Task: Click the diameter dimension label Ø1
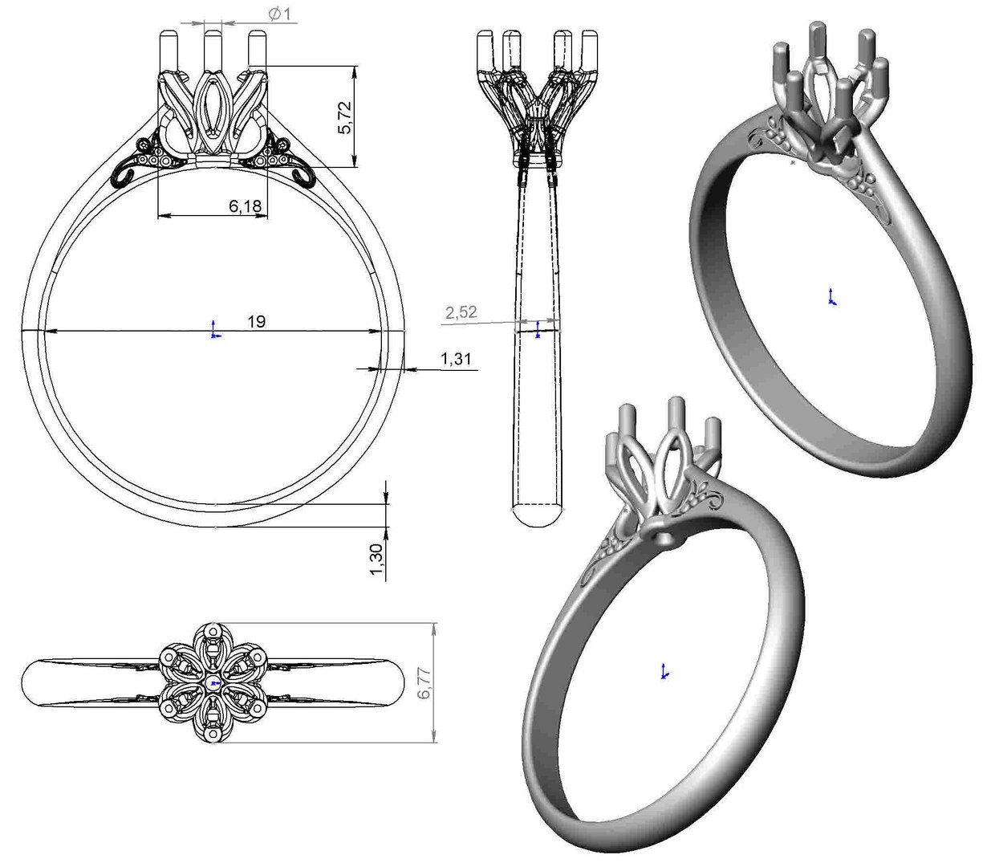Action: click(278, 14)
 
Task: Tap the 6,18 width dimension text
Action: click(245, 206)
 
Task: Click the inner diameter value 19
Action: click(256, 322)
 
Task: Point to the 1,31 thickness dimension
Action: click(456, 359)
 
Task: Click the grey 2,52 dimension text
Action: click(461, 312)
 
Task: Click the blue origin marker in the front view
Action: click(213, 330)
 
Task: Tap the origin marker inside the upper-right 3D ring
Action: click(831, 297)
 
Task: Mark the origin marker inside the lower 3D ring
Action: click(664, 672)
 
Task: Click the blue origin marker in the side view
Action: click(537, 330)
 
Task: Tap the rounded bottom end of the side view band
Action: click(537, 515)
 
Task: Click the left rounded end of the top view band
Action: click(32, 682)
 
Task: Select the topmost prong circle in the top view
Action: click(212, 633)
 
